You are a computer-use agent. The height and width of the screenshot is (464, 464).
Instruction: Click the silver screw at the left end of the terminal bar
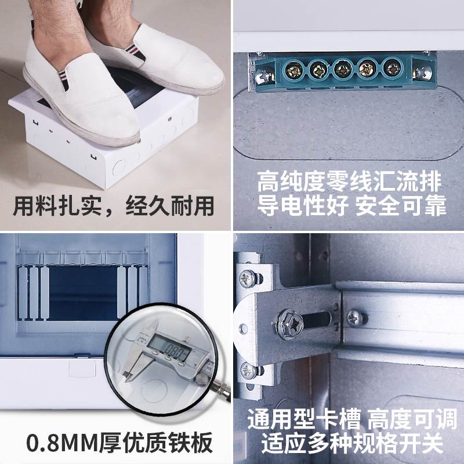[x=264, y=74]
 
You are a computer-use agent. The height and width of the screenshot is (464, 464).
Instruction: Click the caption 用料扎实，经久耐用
[x=114, y=205]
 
